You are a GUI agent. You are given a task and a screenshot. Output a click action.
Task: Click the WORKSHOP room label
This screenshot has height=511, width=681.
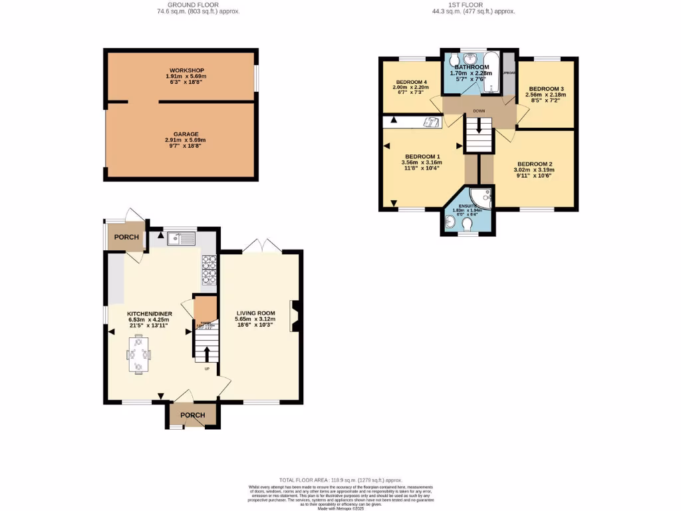tap(186, 71)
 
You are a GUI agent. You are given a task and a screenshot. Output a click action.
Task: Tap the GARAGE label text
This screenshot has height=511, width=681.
tap(186, 134)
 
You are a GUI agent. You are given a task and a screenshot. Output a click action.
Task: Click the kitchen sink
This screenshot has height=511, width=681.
tap(181, 238)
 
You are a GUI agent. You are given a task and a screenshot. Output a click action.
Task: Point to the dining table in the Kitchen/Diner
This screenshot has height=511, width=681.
tap(138, 355)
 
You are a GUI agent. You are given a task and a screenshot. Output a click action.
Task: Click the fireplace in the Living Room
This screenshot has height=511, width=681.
tap(295, 316)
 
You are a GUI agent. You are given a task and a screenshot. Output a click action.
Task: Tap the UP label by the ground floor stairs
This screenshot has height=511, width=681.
tap(207, 369)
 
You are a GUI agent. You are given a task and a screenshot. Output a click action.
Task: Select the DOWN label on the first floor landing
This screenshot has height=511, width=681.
tap(479, 111)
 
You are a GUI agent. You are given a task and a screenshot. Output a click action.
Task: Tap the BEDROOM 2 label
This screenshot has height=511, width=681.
tap(535, 164)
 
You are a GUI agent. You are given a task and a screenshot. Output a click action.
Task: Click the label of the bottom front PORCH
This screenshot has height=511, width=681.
tap(193, 416)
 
